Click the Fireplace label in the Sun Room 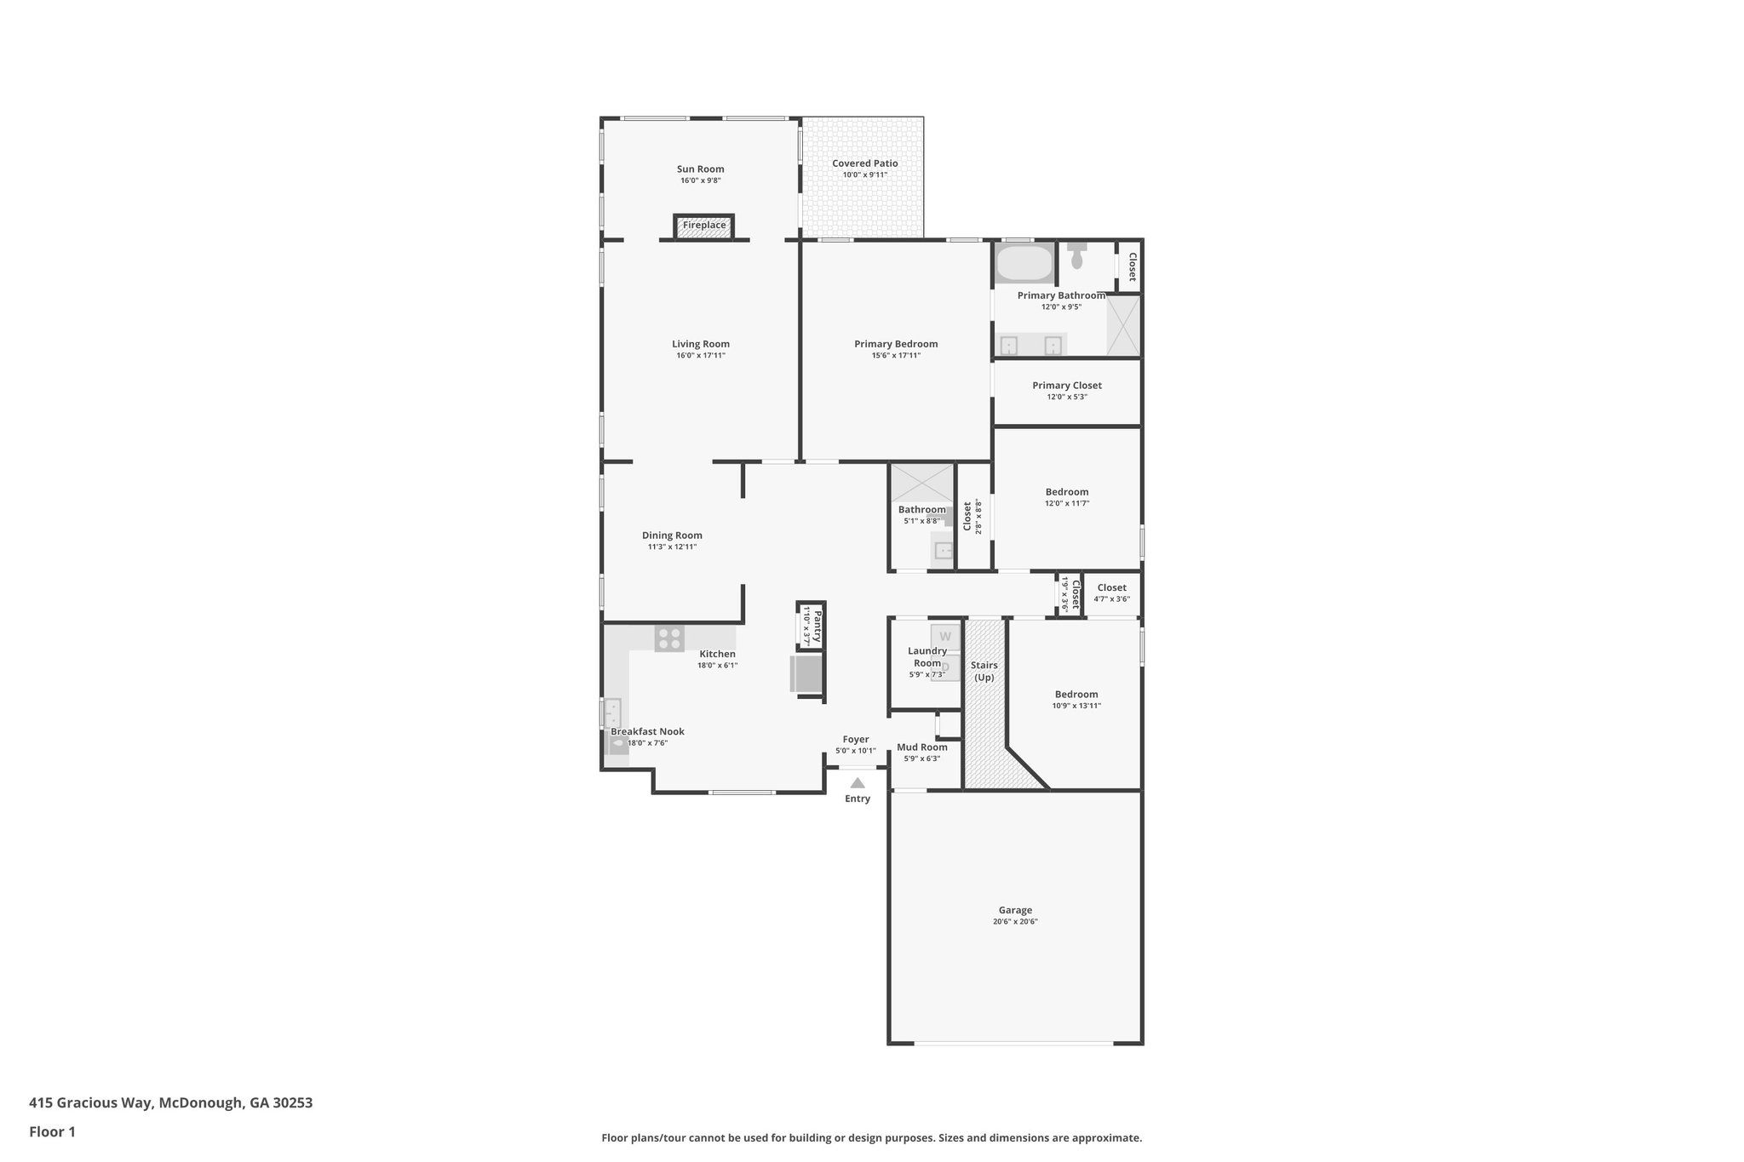pos(704,226)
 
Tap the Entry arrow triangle pos(858,783)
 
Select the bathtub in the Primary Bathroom pos(1024,263)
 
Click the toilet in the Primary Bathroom pos(1077,255)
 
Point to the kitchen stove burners pos(669,638)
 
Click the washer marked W pos(944,636)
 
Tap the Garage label pos(1015,910)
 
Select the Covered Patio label pos(864,163)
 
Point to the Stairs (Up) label pos(984,671)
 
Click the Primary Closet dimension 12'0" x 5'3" pos(1067,397)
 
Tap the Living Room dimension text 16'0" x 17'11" pos(701,355)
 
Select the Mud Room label pos(922,747)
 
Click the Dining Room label pos(672,535)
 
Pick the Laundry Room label pos(927,656)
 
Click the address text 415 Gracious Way pos(91,1102)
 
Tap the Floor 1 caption pos(52,1131)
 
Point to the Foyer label pos(856,740)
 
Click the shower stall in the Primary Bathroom pos(1123,325)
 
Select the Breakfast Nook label pos(647,731)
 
